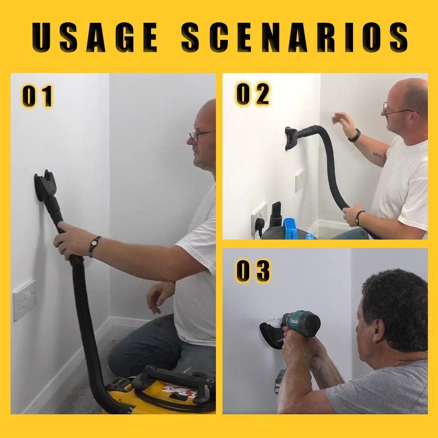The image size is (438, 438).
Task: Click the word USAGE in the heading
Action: click(95, 38)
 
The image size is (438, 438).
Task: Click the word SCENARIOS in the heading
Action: click(294, 38)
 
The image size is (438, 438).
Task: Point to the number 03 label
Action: click(253, 271)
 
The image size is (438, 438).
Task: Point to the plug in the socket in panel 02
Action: click(259, 224)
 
